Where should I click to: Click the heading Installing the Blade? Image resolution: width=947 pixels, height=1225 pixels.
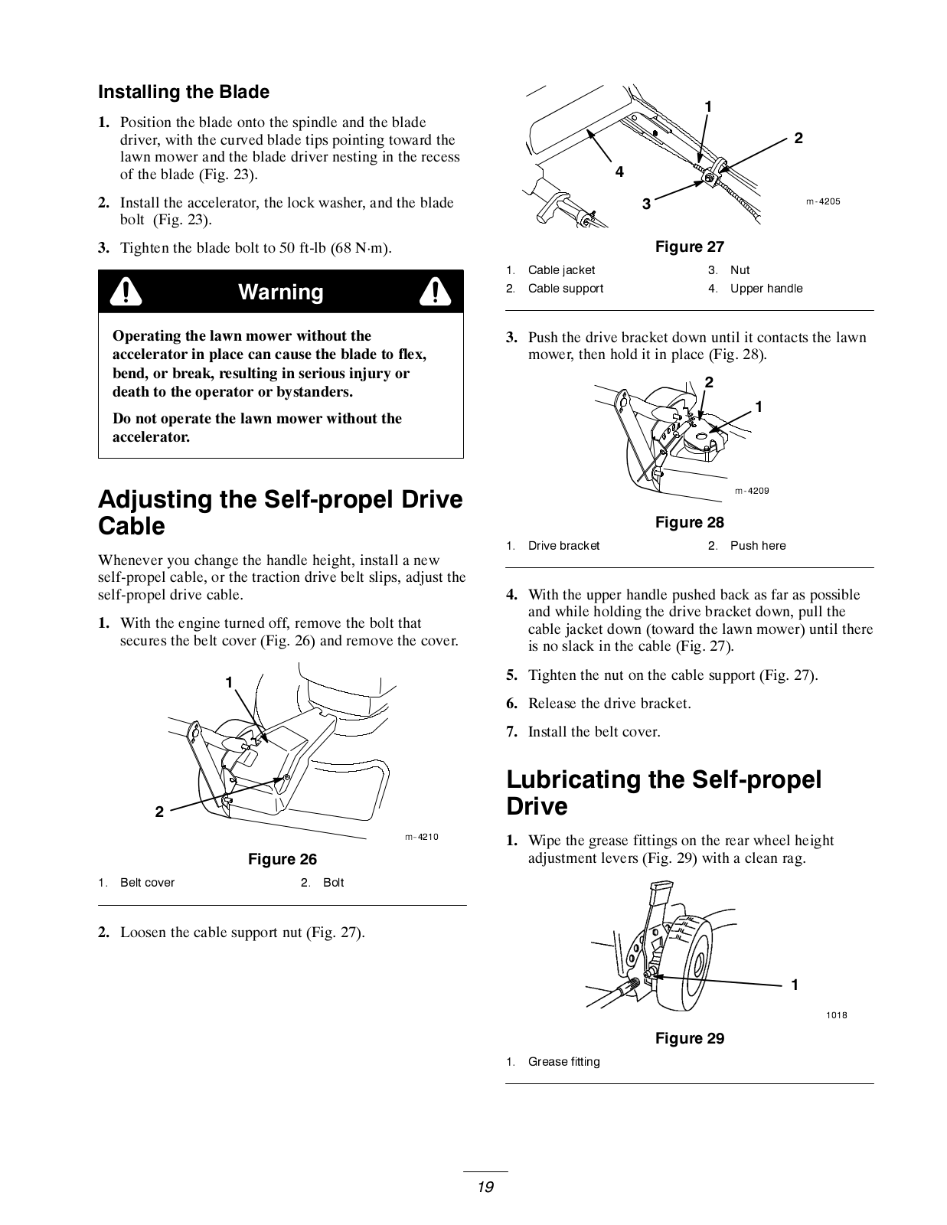click(184, 92)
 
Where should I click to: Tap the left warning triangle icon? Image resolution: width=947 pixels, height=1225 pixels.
click(125, 292)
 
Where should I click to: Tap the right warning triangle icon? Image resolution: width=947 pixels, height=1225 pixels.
click(435, 292)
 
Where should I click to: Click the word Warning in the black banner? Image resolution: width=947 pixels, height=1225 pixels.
click(280, 292)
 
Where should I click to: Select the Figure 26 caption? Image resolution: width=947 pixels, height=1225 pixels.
click(282, 859)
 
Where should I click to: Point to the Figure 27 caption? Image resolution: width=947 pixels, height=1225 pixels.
click(689, 247)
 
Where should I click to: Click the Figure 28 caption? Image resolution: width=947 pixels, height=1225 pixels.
click(689, 522)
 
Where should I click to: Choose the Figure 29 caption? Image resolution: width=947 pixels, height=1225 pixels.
click(689, 1038)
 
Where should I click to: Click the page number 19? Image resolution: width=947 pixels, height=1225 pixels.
click(485, 1187)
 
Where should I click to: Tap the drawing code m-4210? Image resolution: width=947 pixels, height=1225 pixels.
click(422, 837)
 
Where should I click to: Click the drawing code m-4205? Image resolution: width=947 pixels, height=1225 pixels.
click(823, 202)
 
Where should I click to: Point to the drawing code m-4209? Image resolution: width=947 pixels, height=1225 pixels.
click(752, 491)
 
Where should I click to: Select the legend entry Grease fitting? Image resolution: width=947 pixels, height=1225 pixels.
click(563, 1062)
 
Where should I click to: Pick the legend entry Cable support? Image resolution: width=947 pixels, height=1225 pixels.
click(565, 289)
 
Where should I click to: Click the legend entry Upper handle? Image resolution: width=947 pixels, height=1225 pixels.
click(766, 289)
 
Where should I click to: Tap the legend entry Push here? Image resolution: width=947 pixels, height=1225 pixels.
click(757, 546)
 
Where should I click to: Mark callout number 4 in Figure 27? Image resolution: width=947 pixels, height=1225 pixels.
click(619, 172)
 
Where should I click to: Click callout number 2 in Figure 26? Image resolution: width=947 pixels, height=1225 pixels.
click(159, 812)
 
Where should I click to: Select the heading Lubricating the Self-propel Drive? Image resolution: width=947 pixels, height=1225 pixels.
click(664, 792)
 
